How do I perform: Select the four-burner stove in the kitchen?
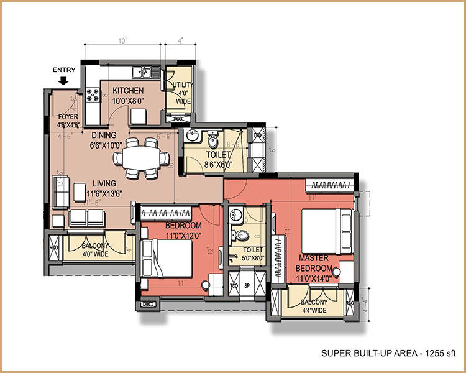coord(94,95)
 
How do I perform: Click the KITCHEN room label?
coord(128,91)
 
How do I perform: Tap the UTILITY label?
coord(184,85)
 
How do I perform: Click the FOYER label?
coord(67,116)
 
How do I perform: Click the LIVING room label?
coord(105,183)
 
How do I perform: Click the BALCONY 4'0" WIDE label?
coord(95,249)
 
